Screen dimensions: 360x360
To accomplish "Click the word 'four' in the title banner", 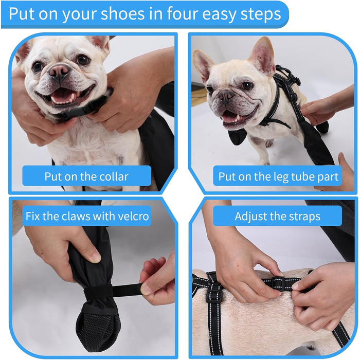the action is (x=182, y=14).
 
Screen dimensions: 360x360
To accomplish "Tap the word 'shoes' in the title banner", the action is (x=122, y=14).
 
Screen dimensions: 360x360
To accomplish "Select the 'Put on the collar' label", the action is (x=86, y=176).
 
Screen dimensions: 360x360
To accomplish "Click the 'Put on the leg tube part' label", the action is (x=278, y=176).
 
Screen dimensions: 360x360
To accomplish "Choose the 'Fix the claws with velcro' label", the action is (x=87, y=216).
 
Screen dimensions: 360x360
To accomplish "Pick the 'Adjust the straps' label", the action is (x=278, y=216).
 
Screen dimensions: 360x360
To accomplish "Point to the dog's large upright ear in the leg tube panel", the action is (x=262, y=55).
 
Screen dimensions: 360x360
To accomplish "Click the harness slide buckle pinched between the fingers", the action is (x=279, y=283).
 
